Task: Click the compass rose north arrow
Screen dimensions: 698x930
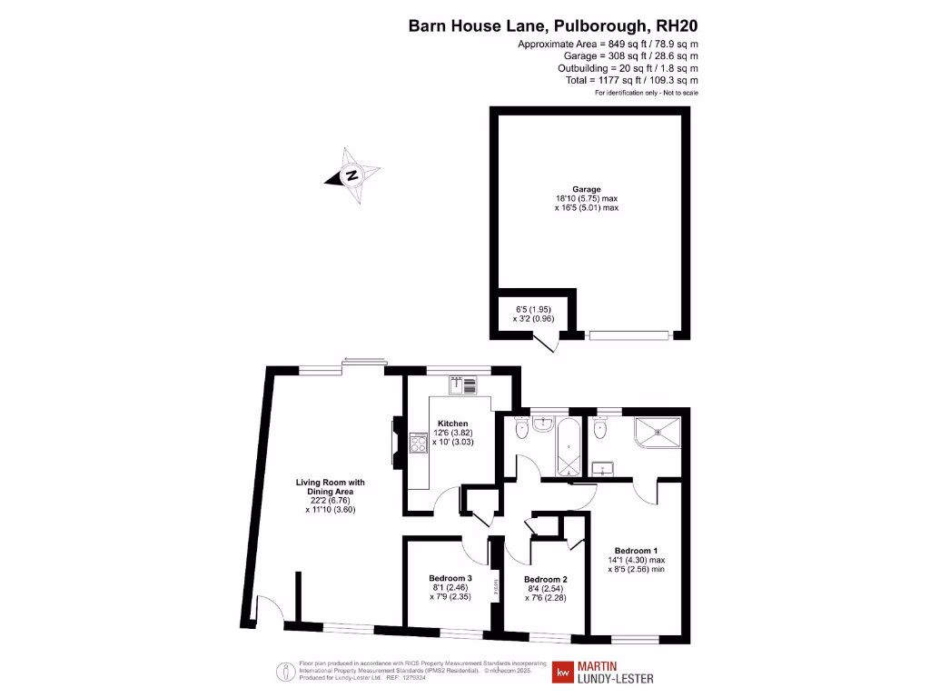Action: point(351,174)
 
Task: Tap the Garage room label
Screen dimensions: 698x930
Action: point(586,189)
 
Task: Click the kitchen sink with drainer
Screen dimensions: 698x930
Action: point(463,385)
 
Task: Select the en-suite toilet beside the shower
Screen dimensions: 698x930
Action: point(600,426)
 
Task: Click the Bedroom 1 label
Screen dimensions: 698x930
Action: point(636,551)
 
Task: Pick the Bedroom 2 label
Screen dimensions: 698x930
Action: point(546,580)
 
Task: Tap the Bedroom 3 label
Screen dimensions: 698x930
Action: point(450,578)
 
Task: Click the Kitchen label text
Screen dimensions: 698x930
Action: point(452,424)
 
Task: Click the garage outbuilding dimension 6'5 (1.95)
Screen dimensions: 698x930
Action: point(533,309)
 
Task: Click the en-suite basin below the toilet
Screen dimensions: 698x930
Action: point(602,469)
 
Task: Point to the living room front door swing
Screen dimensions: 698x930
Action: point(268,610)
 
